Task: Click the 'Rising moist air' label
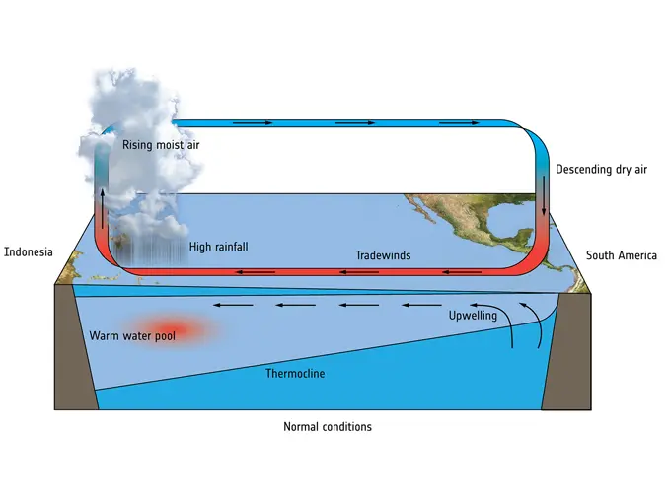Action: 161,145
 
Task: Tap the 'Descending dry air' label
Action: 601,170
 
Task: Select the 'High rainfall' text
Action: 218,247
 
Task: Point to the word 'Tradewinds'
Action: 383,255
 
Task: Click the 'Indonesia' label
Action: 29,252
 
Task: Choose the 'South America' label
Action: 622,255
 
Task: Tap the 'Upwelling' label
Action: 473,316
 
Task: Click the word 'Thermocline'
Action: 295,374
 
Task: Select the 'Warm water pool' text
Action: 132,336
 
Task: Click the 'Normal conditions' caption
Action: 328,426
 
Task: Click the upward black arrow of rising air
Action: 103,209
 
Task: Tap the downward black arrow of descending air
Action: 544,195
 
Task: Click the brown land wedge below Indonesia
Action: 75,347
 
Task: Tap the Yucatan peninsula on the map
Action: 524,236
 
